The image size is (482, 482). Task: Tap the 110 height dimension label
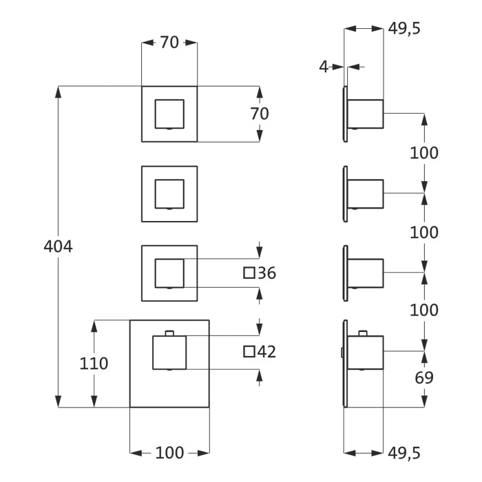(94, 363)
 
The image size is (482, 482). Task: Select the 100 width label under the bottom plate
(169, 452)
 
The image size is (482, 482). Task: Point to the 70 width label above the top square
(169, 43)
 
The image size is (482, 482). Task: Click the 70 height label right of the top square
(260, 114)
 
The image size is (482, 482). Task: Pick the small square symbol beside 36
(249, 273)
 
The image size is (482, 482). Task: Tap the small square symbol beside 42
(249, 352)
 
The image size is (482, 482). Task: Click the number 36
(266, 273)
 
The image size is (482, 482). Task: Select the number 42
(266, 352)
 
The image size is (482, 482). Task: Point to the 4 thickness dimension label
(323, 67)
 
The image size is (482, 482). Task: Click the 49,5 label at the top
(404, 28)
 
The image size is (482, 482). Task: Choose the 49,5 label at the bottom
(404, 452)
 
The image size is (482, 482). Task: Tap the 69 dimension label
(424, 377)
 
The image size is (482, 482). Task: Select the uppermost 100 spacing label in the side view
(424, 153)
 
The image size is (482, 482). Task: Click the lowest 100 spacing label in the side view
(424, 310)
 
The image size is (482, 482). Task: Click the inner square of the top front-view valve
(169, 114)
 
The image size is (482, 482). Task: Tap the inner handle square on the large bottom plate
(169, 353)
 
